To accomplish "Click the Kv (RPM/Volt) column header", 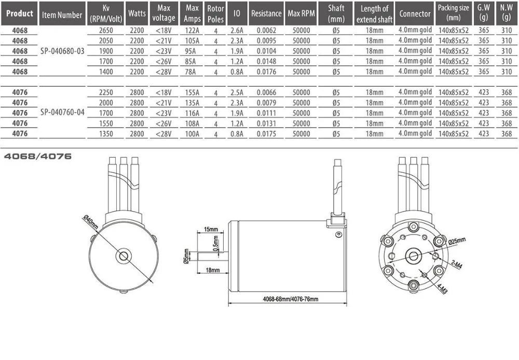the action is [106, 13].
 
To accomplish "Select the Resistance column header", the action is [266, 13].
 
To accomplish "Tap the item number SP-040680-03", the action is [62, 51].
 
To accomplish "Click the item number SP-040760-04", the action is [62, 113].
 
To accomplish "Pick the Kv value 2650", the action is [106, 31].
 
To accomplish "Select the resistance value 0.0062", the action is [266, 31].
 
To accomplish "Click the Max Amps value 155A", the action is [192, 93].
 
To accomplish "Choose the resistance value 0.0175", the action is [266, 134].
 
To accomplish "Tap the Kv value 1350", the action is [106, 134].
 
